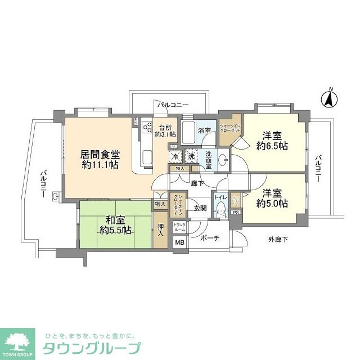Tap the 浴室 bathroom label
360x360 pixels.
[x=204, y=130]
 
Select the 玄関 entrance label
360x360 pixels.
[x=201, y=208]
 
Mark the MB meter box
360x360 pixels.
[x=179, y=243]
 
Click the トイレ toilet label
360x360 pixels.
[x=219, y=197]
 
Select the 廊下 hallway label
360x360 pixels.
[x=196, y=183]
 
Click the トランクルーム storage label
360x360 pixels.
[x=179, y=227]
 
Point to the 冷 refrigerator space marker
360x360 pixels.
[x=175, y=156]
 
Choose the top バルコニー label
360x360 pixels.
[x=172, y=105]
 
